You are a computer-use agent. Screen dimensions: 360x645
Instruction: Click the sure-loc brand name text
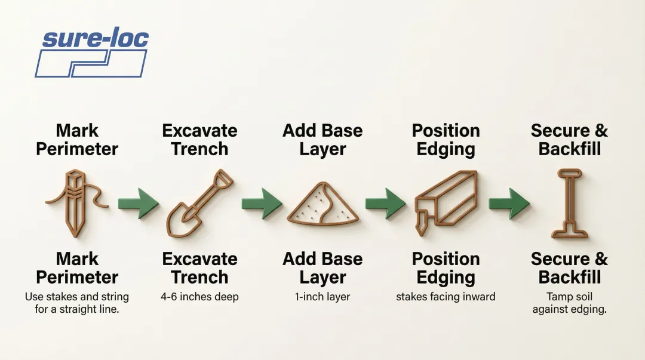pos(95,39)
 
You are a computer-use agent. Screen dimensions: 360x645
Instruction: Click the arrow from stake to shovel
pos(138,204)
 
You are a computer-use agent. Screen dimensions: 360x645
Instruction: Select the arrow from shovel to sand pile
pos(262,204)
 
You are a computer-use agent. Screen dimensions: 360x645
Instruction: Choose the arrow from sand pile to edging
pos(385,204)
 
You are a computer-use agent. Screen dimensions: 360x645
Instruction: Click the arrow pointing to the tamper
pos(509,204)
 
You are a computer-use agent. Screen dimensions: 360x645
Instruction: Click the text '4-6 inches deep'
pos(199,297)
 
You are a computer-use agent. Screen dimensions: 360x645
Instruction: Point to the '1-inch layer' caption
pos(322,297)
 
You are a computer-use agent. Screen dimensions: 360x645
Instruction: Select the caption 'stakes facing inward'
pos(446,297)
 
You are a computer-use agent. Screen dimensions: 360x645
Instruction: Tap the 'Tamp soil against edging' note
pos(569,303)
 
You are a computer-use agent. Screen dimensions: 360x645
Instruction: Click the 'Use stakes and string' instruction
pos(77,303)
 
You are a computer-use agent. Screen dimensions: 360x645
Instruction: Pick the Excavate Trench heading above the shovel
pos(199,140)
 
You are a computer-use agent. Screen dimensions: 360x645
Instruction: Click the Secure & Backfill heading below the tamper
pos(569,268)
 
